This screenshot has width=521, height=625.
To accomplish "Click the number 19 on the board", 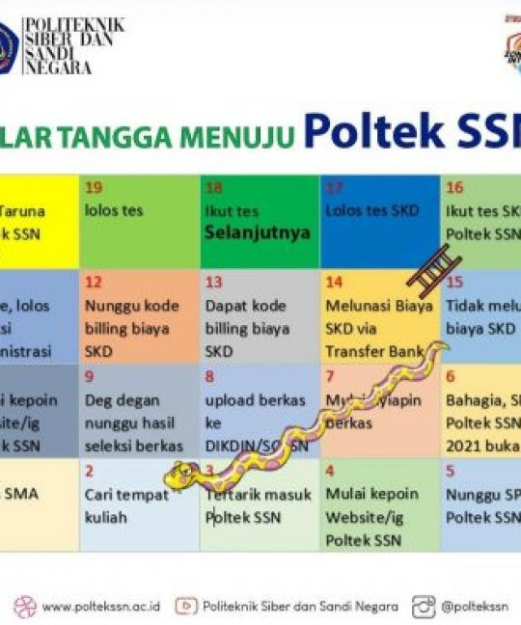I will [x=94, y=187].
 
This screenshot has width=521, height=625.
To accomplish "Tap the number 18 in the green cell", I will [x=213, y=187].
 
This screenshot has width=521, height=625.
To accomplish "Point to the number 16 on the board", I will [x=453, y=187].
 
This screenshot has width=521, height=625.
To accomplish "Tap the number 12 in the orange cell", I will [x=94, y=282].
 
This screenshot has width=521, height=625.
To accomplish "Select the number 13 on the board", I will [x=213, y=282].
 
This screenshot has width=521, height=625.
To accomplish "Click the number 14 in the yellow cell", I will [x=334, y=282].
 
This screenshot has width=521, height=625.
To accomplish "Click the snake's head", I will [x=180, y=475].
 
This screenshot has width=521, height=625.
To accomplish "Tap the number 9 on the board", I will [x=89, y=376].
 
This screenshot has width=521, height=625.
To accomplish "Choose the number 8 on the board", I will [x=209, y=376].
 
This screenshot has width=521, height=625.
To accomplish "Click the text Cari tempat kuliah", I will [x=126, y=505].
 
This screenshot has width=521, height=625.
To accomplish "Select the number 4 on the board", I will [x=330, y=471].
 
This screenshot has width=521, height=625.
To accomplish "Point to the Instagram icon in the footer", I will [x=424, y=607].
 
